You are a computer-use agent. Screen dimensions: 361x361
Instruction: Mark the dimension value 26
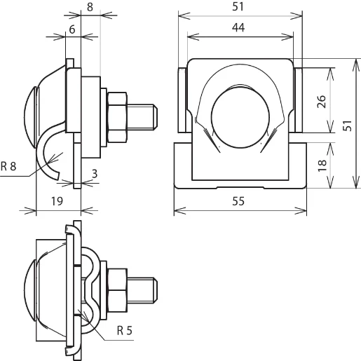coord(321,100)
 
